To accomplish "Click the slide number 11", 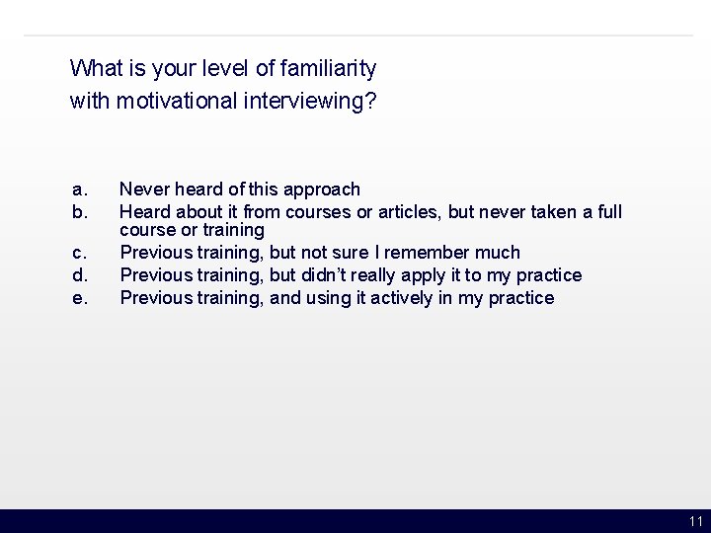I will [696, 521].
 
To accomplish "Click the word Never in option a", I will [144, 189].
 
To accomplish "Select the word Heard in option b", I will [145, 211].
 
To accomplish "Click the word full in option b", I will [608, 211].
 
